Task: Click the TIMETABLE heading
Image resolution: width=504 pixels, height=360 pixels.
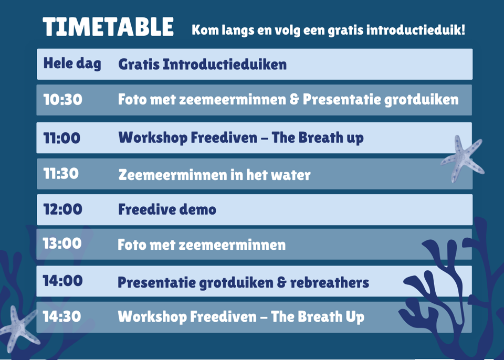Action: [108, 27]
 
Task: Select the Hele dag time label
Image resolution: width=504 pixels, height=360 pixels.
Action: [72, 63]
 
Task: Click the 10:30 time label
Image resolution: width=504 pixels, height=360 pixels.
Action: [62, 99]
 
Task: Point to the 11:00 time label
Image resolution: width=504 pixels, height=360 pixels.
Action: [62, 138]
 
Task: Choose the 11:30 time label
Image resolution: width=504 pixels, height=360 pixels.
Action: [61, 174]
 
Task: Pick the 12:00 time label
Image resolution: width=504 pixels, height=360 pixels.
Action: [62, 209]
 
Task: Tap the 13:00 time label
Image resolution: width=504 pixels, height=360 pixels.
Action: [62, 243]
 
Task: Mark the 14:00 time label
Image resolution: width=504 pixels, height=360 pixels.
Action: [62, 281]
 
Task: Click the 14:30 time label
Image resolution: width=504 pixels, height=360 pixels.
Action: [62, 316]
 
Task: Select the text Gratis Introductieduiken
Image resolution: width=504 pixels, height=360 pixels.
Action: [203, 64]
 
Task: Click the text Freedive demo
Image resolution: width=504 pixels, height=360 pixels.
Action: [167, 209]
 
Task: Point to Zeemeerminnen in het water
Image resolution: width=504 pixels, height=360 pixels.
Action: [214, 175]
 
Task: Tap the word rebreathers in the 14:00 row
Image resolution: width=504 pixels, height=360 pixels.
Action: [330, 282]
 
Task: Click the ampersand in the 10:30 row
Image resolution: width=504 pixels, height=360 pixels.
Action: [294, 99]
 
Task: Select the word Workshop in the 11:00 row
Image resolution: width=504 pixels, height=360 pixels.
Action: [153, 138]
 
